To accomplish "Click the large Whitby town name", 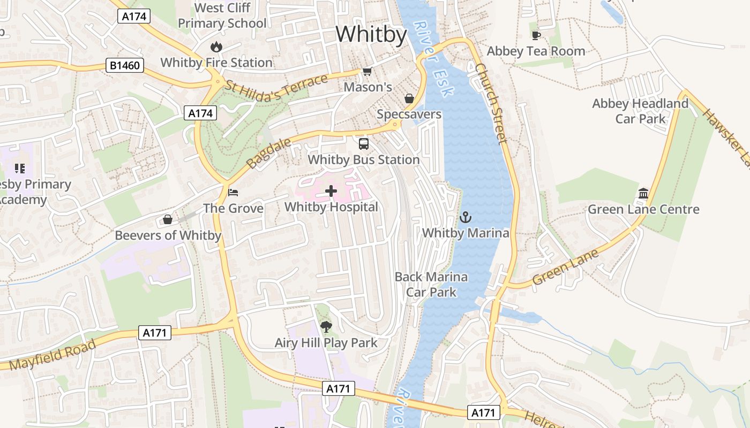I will [x=371, y=34].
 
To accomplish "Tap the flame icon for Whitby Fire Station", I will [x=216, y=47].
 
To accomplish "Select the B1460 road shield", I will [x=125, y=66].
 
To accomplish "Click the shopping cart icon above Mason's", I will [x=367, y=71].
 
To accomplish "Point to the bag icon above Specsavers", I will [x=409, y=98].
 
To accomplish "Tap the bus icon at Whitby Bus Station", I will [x=364, y=143].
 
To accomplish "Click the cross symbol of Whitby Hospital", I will [x=331, y=190].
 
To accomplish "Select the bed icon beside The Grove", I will [x=233, y=192].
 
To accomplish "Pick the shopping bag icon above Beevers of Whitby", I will [x=168, y=219].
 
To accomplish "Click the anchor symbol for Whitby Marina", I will [x=466, y=217].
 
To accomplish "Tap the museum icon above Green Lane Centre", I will [x=643, y=193].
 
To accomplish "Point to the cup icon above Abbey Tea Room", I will [x=536, y=35].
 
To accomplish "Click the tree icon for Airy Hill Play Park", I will [x=326, y=326].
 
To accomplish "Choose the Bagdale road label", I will [x=269, y=153].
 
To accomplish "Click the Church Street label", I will [x=491, y=104].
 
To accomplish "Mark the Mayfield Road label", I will [x=52, y=354].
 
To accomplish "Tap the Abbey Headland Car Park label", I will [x=640, y=111].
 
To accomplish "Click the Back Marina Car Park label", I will [x=431, y=284].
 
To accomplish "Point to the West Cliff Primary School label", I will [x=222, y=16].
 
